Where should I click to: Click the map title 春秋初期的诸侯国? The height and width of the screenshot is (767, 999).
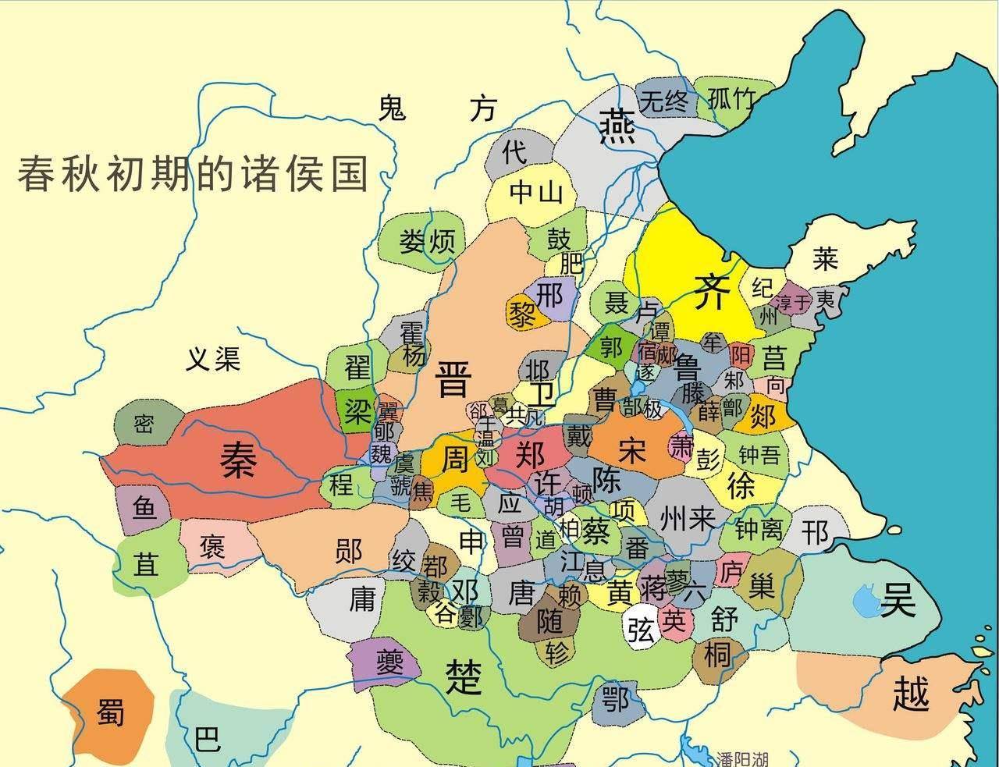coord(193,173)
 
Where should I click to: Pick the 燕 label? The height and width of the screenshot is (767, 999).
coord(617,125)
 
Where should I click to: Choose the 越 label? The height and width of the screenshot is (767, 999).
coord(911,693)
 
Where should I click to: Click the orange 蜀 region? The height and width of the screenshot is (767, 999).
coord(109,708)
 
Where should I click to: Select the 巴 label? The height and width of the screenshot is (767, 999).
coord(207,737)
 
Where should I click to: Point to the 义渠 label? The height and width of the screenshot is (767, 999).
coord(213,359)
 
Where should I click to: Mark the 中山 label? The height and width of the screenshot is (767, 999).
coord(535,191)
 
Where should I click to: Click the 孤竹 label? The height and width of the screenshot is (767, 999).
coord(731,99)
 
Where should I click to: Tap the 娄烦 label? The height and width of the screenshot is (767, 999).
coord(427,241)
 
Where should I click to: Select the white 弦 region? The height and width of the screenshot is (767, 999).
coord(641,626)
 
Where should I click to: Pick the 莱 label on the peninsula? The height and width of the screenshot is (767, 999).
coord(824,257)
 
